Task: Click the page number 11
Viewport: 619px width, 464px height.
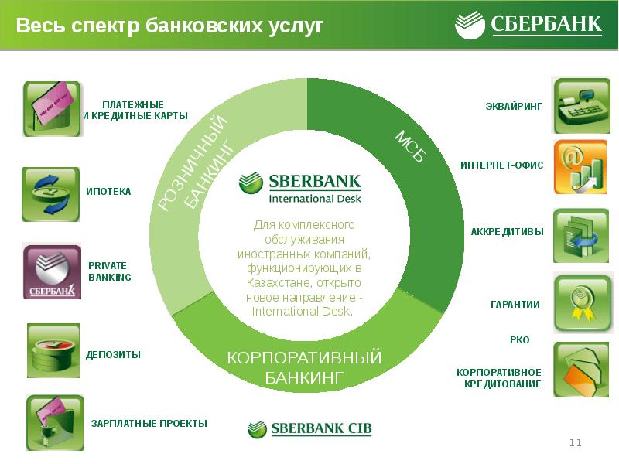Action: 575,442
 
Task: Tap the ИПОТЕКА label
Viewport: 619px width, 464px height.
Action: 108,191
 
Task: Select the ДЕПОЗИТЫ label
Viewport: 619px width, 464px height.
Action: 113,354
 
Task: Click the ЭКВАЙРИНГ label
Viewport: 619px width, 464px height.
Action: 514,106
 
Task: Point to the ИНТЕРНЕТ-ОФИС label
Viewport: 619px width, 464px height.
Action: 501,165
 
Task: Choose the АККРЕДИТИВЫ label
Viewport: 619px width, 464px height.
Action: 508,231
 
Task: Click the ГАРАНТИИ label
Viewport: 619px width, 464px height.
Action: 515,304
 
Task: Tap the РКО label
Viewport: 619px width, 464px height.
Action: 519,339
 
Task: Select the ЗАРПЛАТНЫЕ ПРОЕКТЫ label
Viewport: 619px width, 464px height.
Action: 149,423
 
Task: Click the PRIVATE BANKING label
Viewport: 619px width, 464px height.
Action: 110,271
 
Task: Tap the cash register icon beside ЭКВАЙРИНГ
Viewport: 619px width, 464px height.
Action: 582,105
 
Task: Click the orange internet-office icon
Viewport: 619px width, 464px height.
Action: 580,167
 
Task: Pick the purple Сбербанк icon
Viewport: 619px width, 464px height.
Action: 52,272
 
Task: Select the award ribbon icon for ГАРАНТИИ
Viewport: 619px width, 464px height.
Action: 582,303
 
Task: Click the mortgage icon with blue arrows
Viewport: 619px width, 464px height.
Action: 50,194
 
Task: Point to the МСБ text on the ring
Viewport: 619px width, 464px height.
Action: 411,146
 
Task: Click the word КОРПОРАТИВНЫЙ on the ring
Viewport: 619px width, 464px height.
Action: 304,357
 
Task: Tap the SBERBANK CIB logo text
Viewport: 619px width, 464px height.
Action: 321,428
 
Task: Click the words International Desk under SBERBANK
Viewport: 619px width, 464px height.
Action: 315,199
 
